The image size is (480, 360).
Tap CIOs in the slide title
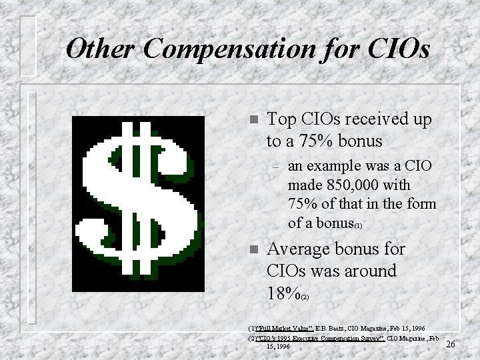(x=395, y=48)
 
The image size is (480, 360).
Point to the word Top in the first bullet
(x=281, y=119)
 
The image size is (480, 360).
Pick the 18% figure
(x=282, y=293)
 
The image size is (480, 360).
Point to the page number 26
(x=451, y=344)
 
